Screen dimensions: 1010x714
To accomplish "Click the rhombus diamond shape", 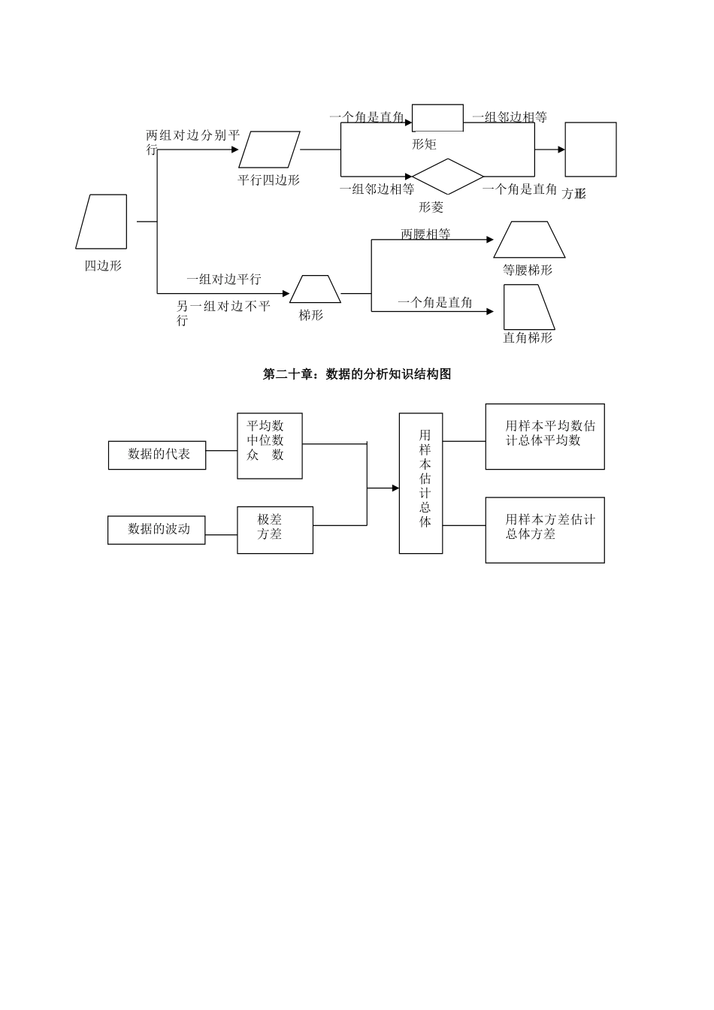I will coord(447,177).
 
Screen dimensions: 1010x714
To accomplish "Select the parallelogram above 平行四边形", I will coord(269,150).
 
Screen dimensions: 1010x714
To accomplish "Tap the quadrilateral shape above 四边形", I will coord(102,222).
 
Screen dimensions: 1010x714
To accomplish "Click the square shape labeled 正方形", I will coord(591,150).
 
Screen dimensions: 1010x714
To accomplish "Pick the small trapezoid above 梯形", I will coord(316,289).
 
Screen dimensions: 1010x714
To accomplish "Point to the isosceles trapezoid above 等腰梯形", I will coord(529,240).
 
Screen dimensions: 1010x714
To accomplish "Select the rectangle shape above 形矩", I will coord(437,118).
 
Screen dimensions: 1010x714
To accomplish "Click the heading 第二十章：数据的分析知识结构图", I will coord(357,374).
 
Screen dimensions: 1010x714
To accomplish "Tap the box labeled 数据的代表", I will coord(157,455).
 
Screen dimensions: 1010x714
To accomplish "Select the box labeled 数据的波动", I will coord(156,529).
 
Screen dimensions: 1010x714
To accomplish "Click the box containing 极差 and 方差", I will coord(274,530).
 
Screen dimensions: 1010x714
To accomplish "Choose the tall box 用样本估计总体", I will coord(420,483).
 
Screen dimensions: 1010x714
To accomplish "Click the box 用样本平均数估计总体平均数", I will coord(545,437).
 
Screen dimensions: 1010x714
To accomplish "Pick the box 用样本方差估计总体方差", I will coord(545,530).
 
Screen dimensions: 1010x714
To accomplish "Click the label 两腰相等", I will coord(425,234).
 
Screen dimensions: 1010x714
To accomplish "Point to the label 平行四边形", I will coord(268,180).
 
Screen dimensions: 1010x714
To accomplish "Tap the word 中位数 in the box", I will coord(265,440).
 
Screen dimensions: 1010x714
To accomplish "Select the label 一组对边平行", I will coord(224,280).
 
